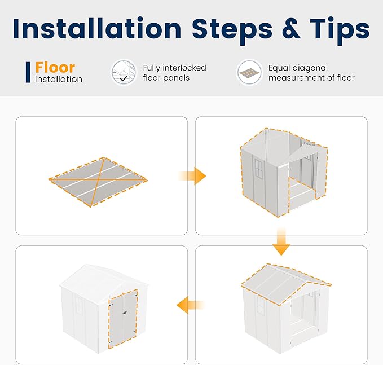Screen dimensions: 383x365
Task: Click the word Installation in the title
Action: tap(97, 28)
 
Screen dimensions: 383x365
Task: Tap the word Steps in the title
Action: tap(232, 31)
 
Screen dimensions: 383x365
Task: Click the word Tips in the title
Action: tap(340, 31)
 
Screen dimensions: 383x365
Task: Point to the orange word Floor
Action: tap(55, 67)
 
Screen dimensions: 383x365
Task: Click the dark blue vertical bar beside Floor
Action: tap(28, 72)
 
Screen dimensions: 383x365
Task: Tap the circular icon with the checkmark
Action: tap(124, 73)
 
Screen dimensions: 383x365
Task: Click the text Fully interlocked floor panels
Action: tap(174, 73)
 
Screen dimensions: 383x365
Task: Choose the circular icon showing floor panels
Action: tap(249, 73)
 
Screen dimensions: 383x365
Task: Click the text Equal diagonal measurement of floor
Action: tap(311, 73)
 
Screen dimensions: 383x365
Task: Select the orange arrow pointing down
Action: tap(281, 242)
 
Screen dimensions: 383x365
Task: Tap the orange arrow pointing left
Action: tap(191, 305)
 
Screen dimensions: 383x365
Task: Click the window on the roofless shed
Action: tap(259, 168)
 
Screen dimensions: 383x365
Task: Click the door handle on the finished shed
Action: tap(125, 312)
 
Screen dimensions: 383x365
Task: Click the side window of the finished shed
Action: tap(79, 304)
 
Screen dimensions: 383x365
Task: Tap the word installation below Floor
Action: tap(59, 79)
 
